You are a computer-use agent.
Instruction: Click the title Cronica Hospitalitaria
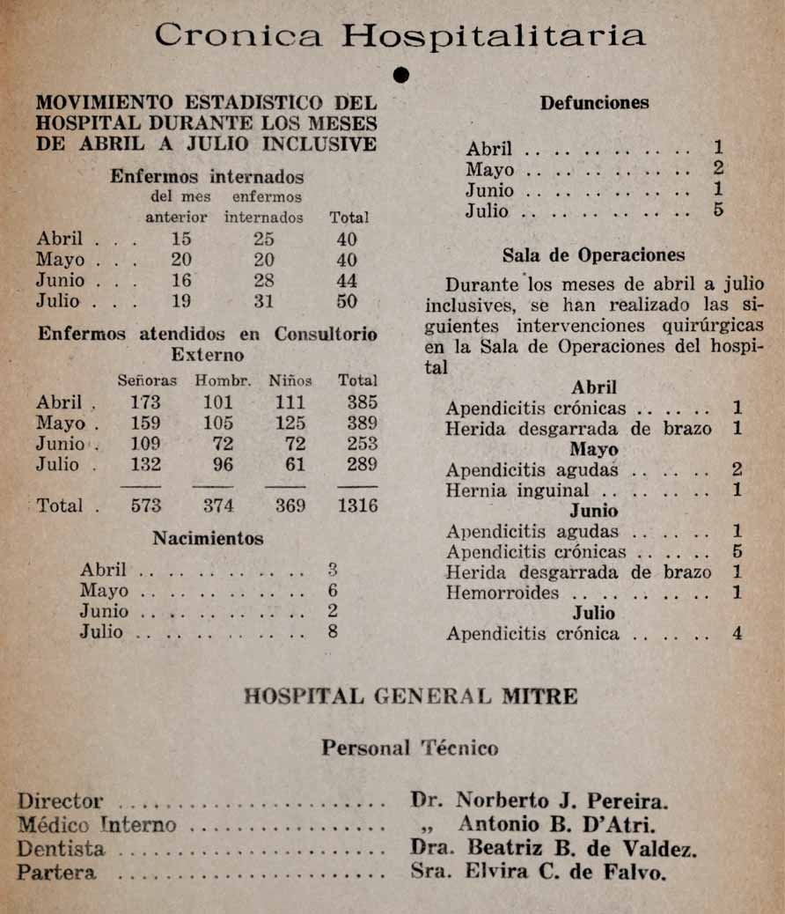pos(400,35)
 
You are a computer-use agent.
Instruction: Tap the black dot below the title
pos(401,77)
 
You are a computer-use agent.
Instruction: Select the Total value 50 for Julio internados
pos(348,302)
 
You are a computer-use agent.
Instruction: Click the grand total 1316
pos(357,505)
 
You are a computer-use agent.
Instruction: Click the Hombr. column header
pos(224,381)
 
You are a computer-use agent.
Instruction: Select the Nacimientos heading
pos(208,538)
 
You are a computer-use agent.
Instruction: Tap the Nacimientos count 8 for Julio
pos(332,632)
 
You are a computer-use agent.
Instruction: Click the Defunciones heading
pos(594,103)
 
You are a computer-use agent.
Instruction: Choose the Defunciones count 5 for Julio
pos(719,211)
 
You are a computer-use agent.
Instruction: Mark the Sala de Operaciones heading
pos(593,256)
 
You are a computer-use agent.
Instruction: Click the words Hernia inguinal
pos(517,490)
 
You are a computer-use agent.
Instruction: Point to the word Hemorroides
pos(502,593)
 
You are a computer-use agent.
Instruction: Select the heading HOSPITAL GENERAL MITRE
pos(410,697)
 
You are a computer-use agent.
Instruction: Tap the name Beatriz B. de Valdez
pos(582,850)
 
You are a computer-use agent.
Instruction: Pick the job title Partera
pos(56,873)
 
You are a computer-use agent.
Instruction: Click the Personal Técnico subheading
pos(409,748)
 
